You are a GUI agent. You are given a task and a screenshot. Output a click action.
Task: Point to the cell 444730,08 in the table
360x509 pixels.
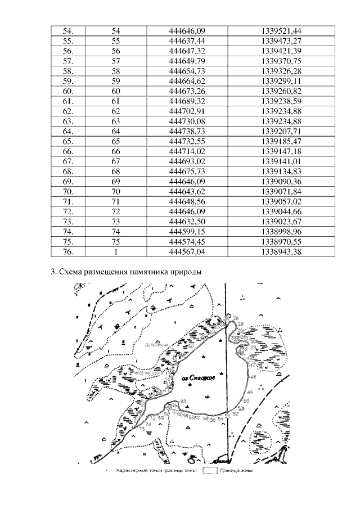click(x=187, y=121)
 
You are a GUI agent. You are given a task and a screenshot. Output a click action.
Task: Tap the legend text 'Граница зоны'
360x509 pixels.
click(x=237, y=471)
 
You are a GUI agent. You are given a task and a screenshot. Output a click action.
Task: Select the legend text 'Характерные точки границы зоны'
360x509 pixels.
click(x=156, y=471)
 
